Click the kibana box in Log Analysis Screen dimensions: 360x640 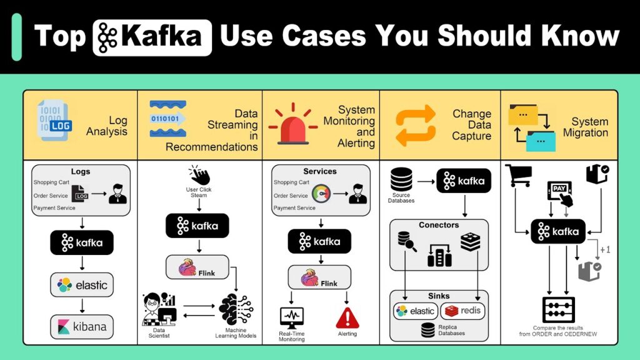pos(82,326)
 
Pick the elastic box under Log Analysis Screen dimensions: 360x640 pos(82,285)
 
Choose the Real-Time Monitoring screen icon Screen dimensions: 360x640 pos(291,317)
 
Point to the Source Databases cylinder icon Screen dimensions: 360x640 pos(401,179)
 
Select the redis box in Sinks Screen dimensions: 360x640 pos(463,311)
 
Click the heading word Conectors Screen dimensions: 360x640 pos(438,225)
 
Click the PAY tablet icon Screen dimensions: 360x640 pos(561,194)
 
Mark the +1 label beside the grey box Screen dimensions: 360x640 pos(605,250)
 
